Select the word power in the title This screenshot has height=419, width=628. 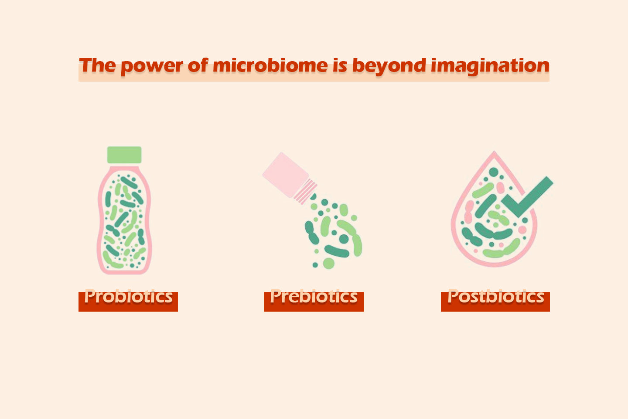152,67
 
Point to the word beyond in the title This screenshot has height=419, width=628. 389,66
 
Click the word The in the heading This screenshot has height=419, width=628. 97,65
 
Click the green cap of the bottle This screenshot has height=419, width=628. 124,155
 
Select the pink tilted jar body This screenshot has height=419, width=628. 285,175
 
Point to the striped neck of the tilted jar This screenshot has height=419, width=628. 306,192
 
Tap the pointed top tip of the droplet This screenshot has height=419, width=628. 494,151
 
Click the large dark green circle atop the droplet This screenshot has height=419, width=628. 493,172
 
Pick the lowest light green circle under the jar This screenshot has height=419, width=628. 328,264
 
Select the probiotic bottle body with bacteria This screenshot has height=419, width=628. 124,220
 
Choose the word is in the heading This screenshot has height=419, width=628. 340,65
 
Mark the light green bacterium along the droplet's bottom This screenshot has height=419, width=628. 502,250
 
